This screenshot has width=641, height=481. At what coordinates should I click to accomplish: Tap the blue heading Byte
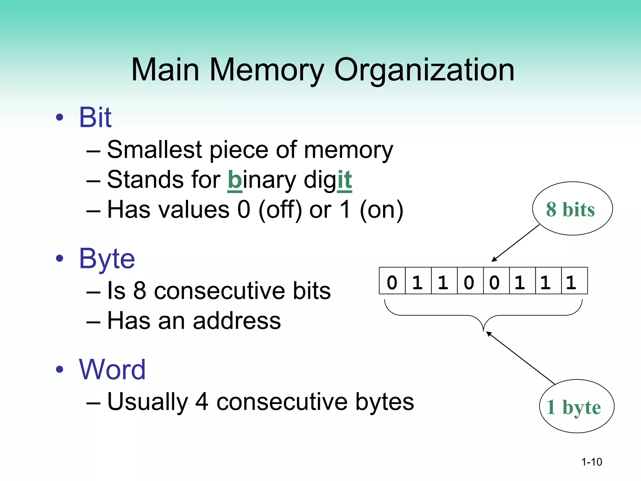(x=107, y=259)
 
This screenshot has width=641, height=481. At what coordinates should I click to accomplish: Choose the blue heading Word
(x=112, y=370)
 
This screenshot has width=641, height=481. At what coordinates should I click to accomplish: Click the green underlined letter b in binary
(x=234, y=180)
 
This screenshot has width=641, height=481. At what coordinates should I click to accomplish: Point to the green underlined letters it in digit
(x=345, y=180)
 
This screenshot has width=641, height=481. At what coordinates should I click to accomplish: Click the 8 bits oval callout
(x=572, y=209)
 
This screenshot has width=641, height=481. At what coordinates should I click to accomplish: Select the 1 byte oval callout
(x=577, y=406)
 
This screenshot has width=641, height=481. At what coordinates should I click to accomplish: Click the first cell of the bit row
(x=392, y=281)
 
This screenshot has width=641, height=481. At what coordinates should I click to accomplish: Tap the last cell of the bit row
(x=574, y=281)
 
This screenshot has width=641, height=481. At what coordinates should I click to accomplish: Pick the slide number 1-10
(x=592, y=462)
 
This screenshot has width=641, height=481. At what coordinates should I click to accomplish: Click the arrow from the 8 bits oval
(x=516, y=243)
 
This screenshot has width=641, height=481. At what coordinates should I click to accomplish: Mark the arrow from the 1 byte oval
(x=520, y=358)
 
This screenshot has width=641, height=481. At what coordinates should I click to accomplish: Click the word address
(x=237, y=321)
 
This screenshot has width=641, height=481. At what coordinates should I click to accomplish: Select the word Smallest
(x=154, y=150)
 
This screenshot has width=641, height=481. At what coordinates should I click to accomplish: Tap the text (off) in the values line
(x=280, y=210)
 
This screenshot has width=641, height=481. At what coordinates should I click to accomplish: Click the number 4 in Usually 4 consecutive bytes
(x=202, y=402)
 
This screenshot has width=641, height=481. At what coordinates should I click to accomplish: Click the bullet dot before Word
(x=59, y=370)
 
